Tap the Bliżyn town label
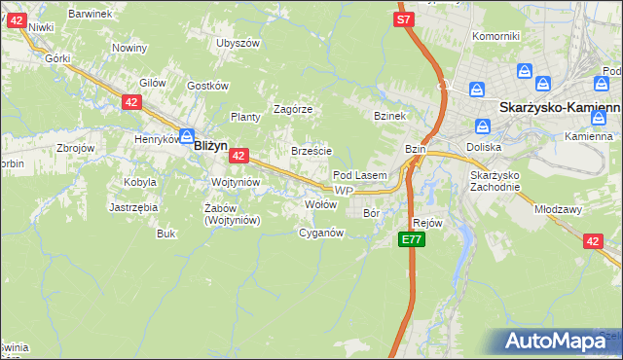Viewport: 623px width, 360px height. pos(210,145)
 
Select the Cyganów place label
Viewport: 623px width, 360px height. pos(321,233)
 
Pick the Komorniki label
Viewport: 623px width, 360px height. pos(495,36)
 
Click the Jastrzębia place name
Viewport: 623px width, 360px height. pos(133,207)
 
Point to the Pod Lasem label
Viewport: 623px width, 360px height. pos(360,175)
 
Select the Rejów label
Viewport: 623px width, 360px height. pos(428,223)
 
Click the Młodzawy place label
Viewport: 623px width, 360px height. pos(558,208)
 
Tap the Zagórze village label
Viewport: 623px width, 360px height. pos(292,109)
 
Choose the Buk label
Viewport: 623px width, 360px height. pos(166,234)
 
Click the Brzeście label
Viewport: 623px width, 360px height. pos(312,151)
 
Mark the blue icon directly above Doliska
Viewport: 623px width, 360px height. pos(482,126)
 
